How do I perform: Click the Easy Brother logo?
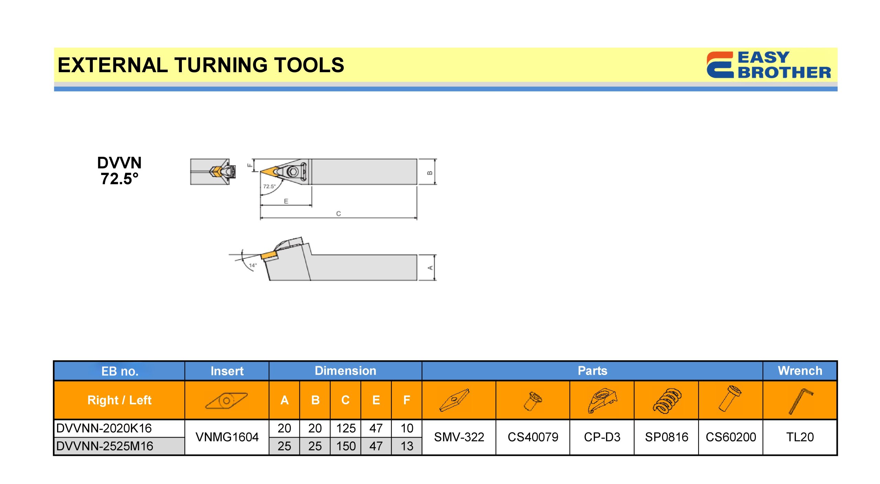tap(769, 65)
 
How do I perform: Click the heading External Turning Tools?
tap(201, 65)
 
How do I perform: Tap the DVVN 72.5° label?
tap(119, 170)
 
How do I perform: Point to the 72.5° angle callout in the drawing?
tap(269, 186)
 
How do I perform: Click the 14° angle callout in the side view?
tap(253, 265)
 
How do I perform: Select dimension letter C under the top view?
tap(339, 213)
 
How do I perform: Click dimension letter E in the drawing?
tap(286, 201)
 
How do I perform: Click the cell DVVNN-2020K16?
tap(104, 428)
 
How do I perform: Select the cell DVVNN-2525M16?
tap(104, 446)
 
